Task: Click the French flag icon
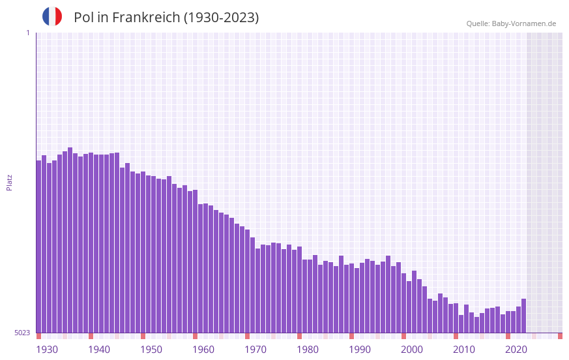(x=52, y=17)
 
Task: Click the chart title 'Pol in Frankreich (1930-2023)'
(x=166, y=18)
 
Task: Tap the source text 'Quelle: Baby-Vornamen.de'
(x=511, y=23)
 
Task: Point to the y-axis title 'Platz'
(x=9, y=182)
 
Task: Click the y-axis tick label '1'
(x=27, y=33)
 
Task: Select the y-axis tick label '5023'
(x=22, y=333)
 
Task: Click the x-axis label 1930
(x=47, y=350)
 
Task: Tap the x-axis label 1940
(x=99, y=350)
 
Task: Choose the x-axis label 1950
(x=151, y=350)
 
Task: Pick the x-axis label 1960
(x=203, y=350)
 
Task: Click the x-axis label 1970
(x=255, y=350)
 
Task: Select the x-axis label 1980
(x=308, y=350)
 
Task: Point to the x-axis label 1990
(x=360, y=350)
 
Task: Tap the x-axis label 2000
(x=412, y=350)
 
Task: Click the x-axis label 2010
(x=464, y=350)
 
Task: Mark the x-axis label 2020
(x=516, y=350)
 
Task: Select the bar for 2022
(x=523, y=316)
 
